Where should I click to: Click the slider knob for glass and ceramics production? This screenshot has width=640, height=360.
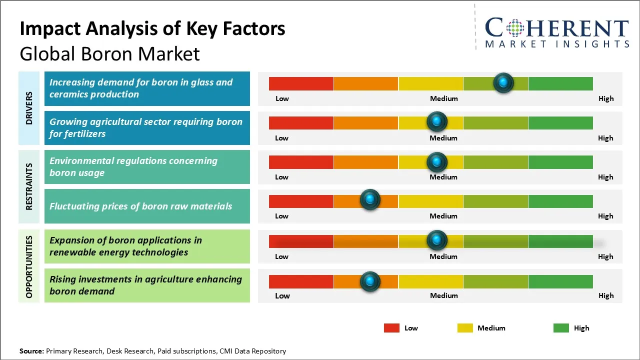pyautogui.click(x=503, y=82)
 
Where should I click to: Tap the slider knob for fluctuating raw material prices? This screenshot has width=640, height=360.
pyautogui.click(x=370, y=200)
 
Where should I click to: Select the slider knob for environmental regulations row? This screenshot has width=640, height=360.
pyautogui.click(x=437, y=162)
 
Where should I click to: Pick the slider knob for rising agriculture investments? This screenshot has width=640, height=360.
pyautogui.click(x=370, y=282)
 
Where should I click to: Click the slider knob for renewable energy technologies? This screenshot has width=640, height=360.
pyautogui.click(x=437, y=240)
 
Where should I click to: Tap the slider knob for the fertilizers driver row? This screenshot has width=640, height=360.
pyautogui.click(x=437, y=121)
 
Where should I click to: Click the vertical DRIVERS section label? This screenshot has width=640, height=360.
pyautogui.click(x=29, y=108)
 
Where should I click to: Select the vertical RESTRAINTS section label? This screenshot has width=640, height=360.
pyautogui.click(x=29, y=186)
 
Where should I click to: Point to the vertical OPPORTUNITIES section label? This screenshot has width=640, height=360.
pyautogui.click(x=29, y=266)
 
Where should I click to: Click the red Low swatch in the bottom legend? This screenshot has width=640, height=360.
pyautogui.click(x=391, y=328)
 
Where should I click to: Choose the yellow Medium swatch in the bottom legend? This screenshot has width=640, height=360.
pyautogui.click(x=465, y=328)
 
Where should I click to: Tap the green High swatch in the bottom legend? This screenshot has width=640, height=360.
pyautogui.click(x=561, y=328)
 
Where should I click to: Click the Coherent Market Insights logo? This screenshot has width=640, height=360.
pyautogui.click(x=556, y=32)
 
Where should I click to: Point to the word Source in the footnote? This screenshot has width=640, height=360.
pyautogui.click(x=31, y=351)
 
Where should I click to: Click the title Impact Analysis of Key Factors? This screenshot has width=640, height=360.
pyautogui.click(x=152, y=28)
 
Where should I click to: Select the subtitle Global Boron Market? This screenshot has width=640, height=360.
pyautogui.click(x=109, y=53)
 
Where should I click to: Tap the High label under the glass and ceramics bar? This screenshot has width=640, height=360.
pyautogui.click(x=606, y=98)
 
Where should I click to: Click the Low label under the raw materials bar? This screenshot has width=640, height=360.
pyautogui.click(x=281, y=216)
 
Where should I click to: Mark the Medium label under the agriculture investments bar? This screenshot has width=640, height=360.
pyautogui.click(x=443, y=295)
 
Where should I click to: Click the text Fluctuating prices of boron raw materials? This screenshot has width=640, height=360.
pyautogui.click(x=140, y=206)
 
